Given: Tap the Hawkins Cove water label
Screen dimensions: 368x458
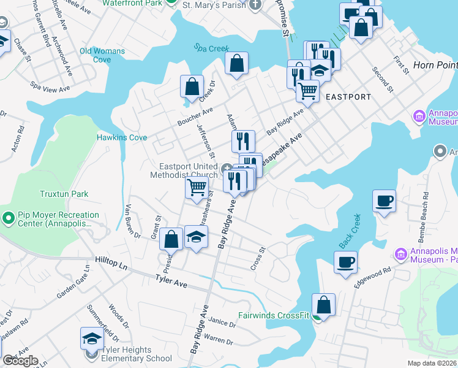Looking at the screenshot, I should click(x=122, y=138).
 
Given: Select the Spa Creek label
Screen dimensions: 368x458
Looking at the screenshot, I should click(x=211, y=48).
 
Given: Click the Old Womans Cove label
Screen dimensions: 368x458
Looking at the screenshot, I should click(x=102, y=55).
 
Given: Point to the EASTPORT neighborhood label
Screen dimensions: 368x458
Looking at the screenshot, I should click(x=348, y=97).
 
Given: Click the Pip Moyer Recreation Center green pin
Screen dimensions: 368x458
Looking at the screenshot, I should click(x=8, y=218).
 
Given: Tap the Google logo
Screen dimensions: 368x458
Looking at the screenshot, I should click(x=20, y=361).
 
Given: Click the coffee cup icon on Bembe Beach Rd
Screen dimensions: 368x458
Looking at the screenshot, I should click(x=384, y=201).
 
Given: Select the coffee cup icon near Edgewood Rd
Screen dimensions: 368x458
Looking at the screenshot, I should click(x=345, y=262).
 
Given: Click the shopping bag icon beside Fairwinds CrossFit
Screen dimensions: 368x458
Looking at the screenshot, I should click(x=323, y=305).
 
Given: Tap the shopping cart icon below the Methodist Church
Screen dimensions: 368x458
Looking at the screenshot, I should click(x=197, y=186).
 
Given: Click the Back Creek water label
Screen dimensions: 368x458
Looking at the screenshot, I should click(x=347, y=232).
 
